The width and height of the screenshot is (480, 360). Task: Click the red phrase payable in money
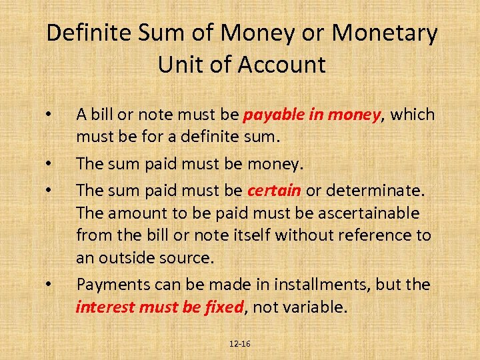(x=311, y=115)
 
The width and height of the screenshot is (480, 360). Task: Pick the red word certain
(x=274, y=190)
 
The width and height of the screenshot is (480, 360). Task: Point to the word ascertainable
(x=363, y=213)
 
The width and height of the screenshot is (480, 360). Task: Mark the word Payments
(x=109, y=285)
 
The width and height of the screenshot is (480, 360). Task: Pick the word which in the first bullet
(x=413, y=115)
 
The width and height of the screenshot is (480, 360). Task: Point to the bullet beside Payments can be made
(x=49, y=285)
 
